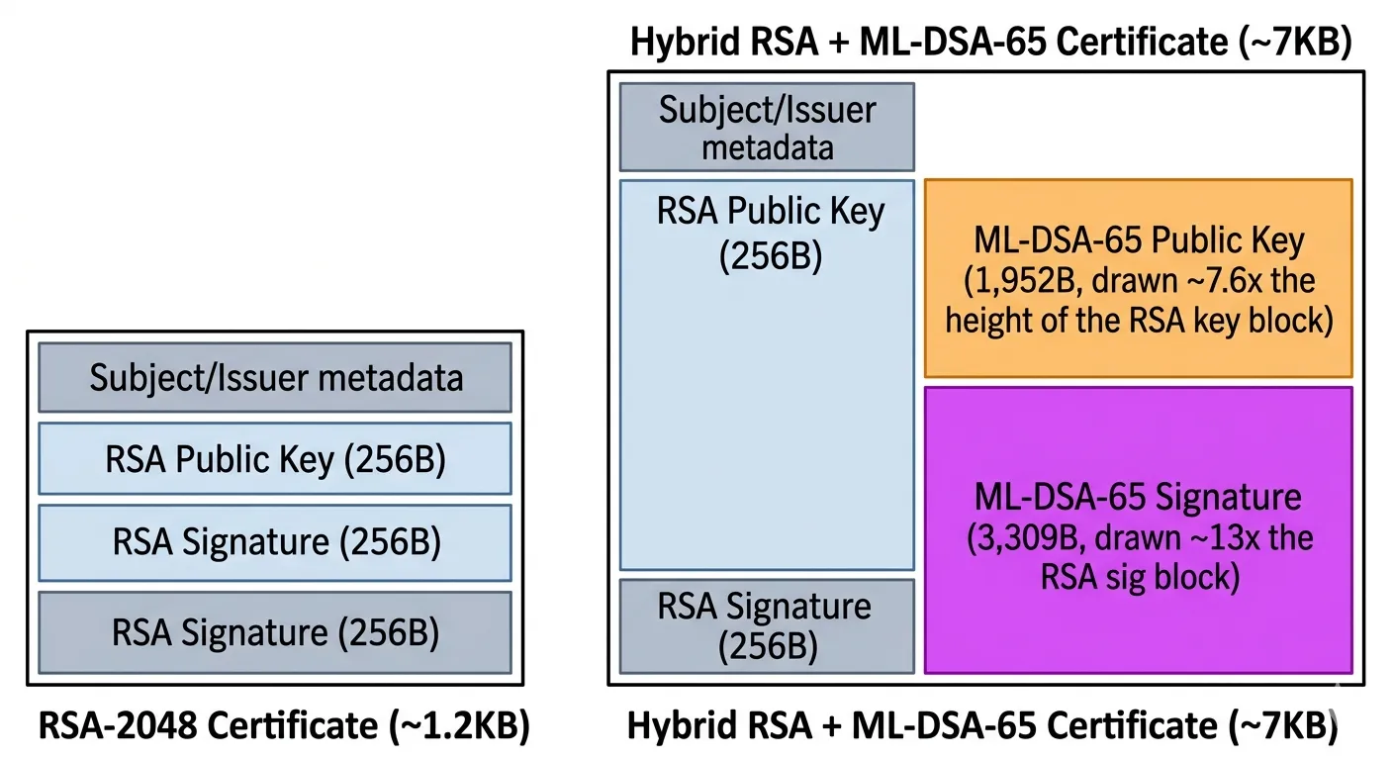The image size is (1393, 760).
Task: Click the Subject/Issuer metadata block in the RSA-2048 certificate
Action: (275, 377)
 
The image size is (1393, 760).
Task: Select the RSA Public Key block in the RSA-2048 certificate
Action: (275, 459)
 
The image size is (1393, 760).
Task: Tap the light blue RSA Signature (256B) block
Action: (275, 541)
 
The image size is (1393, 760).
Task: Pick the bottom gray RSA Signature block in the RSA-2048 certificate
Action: (275, 631)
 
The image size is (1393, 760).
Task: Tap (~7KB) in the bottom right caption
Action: (1282, 727)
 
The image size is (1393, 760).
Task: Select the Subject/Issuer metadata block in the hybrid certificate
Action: (767, 127)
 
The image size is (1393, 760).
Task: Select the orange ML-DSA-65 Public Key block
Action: (1138, 279)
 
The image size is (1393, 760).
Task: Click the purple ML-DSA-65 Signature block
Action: (1138, 530)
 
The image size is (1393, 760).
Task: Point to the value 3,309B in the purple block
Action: (1019, 539)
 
